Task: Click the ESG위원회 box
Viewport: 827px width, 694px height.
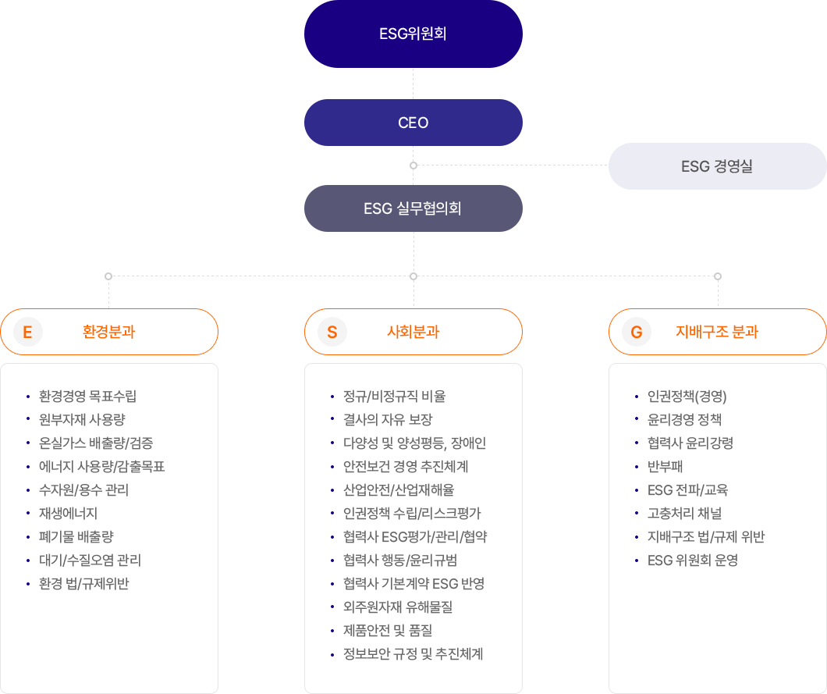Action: click(x=413, y=34)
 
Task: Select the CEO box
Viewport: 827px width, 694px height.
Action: click(x=413, y=123)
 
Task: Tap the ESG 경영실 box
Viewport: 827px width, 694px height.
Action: click(x=717, y=166)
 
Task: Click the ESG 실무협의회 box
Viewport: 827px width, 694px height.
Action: click(x=413, y=208)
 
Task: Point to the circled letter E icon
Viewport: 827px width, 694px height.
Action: click(x=28, y=333)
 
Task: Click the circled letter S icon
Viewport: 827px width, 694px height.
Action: click(x=332, y=333)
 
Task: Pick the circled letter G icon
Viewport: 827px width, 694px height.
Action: click(x=637, y=333)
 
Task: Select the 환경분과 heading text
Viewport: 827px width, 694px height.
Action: click(x=108, y=332)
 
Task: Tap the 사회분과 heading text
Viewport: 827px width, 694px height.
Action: click(x=413, y=332)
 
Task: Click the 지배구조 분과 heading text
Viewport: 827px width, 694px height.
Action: click(x=717, y=332)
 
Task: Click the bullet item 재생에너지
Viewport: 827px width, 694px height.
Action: click(x=68, y=514)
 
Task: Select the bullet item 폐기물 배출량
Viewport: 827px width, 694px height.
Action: click(x=76, y=537)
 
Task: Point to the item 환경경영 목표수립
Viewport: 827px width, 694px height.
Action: click(x=87, y=397)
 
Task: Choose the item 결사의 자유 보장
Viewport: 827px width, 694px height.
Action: click(x=388, y=420)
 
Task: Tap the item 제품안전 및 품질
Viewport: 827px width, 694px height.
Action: click(x=389, y=631)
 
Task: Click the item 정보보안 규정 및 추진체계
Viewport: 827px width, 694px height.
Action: click(x=413, y=654)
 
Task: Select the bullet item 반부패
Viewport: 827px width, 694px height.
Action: click(x=665, y=467)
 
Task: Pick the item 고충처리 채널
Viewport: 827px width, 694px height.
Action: click(x=684, y=514)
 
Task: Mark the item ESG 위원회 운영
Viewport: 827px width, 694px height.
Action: click(x=692, y=561)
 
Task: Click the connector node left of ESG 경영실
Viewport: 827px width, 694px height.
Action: click(x=413, y=165)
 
